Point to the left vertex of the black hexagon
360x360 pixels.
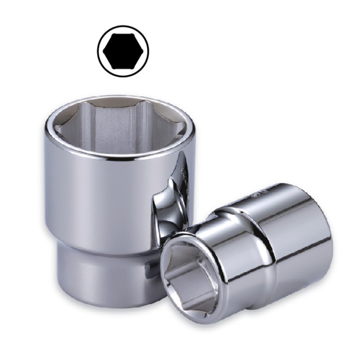[x=103, y=50]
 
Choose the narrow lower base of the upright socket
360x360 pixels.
[x=99, y=274]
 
